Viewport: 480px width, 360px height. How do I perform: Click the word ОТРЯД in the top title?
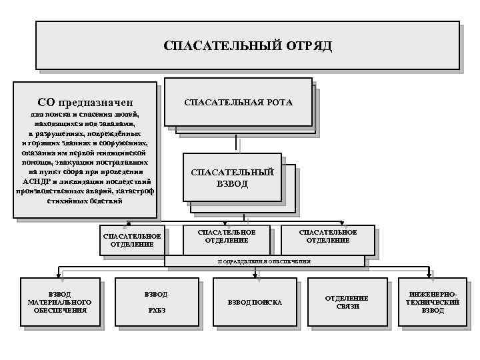[310, 47]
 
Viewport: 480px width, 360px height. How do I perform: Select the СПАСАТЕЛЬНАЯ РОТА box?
[238, 102]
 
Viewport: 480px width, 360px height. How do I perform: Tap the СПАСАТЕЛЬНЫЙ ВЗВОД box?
[232, 177]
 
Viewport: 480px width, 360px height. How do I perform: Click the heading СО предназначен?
[86, 102]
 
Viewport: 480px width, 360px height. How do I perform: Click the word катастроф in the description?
[135, 191]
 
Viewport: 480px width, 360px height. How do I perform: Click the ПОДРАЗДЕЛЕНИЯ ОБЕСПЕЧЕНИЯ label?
[265, 261]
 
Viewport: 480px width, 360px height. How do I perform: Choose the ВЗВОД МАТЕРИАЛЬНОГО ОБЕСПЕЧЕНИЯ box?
[60, 302]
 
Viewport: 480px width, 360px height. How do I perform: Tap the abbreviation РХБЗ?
[155, 310]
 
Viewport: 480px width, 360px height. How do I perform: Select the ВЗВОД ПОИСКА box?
[255, 302]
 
